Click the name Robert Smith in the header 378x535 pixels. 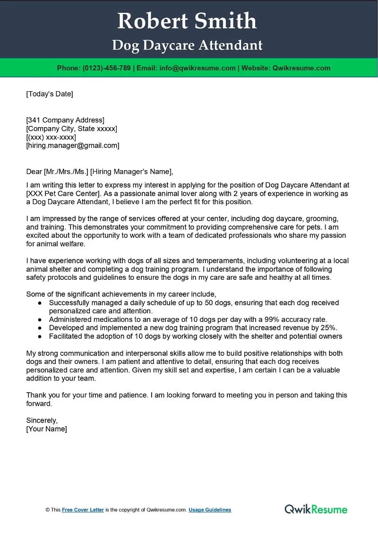(x=187, y=21)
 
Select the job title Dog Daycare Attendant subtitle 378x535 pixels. (x=187, y=45)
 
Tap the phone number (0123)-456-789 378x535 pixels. (x=106, y=68)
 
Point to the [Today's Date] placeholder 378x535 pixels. (x=50, y=94)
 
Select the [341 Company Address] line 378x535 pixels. (x=65, y=120)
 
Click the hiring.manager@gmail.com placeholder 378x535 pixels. (x=73, y=146)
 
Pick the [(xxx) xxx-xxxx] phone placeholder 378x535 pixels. (x=51, y=137)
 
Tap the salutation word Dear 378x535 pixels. (x=34, y=172)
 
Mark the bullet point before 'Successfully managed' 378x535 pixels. (x=39, y=302)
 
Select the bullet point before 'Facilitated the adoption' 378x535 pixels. (x=39, y=337)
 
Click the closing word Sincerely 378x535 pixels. (x=42, y=420)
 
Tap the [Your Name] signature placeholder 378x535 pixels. (x=47, y=429)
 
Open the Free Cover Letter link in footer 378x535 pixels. (x=83, y=510)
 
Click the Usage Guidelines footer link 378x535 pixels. (x=210, y=510)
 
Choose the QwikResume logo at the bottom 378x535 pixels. (x=316, y=509)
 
